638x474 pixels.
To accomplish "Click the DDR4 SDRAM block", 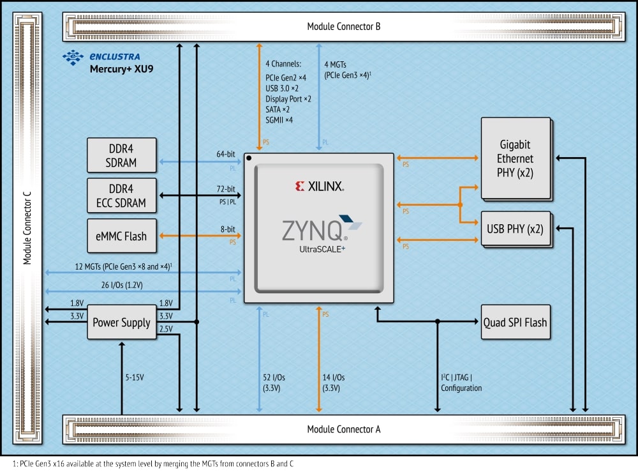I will pyautogui.click(x=121, y=155).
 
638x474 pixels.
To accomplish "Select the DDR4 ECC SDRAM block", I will pyautogui.click(x=121, y=195).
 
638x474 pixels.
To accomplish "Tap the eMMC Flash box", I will pyautogui.click(x=121, y=236).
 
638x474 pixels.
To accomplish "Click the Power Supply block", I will pyautogui.click(x=121, y=323).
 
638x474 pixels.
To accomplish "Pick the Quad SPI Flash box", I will pyautogui.click(x=514, y=322).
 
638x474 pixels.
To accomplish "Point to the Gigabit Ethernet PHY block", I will pyautogui.click(x=515, y=158).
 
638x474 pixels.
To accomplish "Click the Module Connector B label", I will pyautogui.click(x=344, y=27).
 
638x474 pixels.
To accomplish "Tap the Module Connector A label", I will pyautogui.click(x=344, y=429).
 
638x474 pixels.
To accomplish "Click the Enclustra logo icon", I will pyautogui.click(x=73, y=57).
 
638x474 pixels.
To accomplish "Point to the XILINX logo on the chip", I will pyautogui.click(x=319, y=187).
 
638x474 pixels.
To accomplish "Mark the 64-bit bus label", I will pyautogui.click(x=226, y=154).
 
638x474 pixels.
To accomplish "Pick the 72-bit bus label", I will pyautogui.click(x=226, y=190).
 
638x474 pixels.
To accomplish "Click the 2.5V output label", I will pyautogui.click(x=166, y=328).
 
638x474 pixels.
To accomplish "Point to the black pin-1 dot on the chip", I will pyautogui.click(x=249, y=158).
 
